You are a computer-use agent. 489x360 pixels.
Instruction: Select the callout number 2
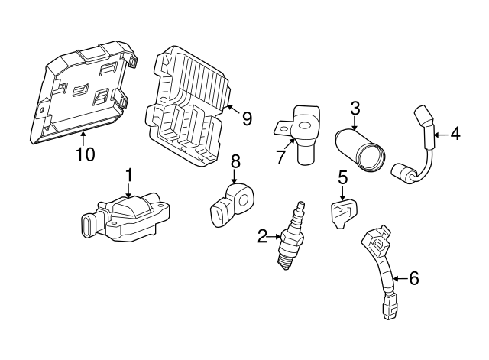click(262, 237)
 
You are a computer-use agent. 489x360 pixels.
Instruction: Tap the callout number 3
click(355, 109)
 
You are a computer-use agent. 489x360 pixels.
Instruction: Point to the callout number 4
click(455, 135)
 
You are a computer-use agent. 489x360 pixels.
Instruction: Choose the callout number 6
click(413, 279)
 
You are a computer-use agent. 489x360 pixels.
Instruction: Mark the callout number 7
click(280, 157)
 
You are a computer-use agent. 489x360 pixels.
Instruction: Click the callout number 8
click(235, 161)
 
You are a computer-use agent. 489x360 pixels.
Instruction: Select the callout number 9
click(246, 118)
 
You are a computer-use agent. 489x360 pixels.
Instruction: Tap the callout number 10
click(86, 154)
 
